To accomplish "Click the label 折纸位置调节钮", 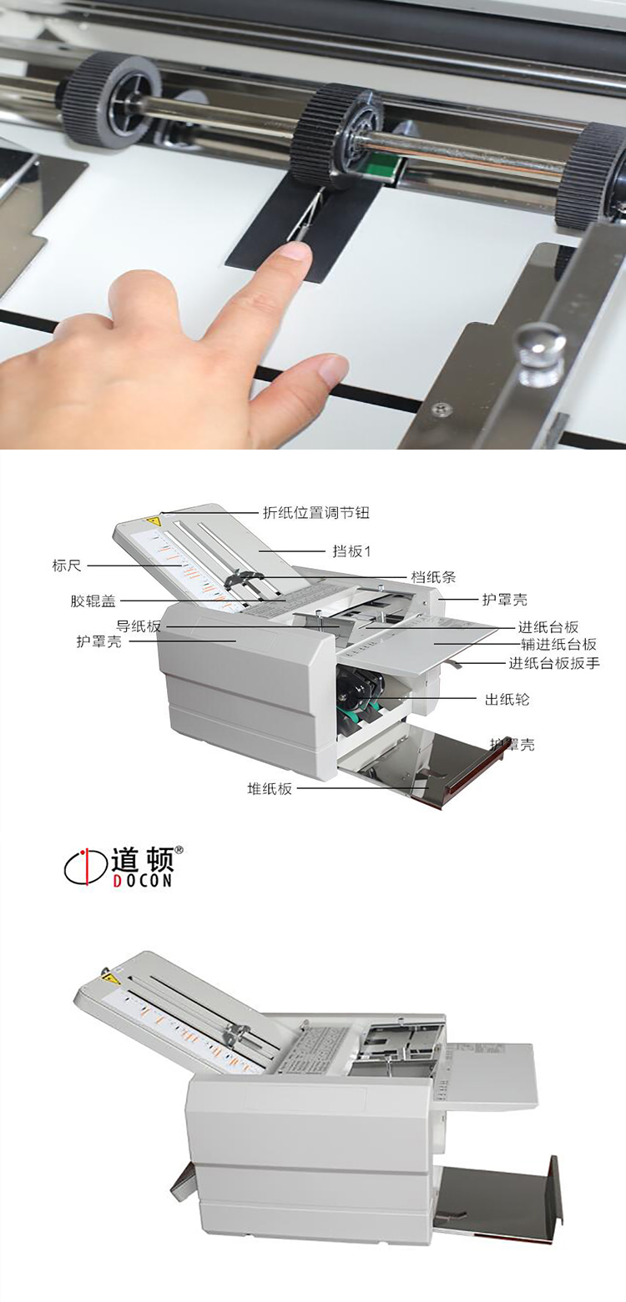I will click(x=316, y=513).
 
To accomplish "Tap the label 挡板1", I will click(x=351, y=551).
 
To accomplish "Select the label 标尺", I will click(x=67, y=566).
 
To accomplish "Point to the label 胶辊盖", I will click(x=93, y=601).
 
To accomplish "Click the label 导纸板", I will click(x=139, y=626).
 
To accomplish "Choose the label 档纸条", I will click(x=433, y=576).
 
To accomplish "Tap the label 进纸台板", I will click(x=548, y=627).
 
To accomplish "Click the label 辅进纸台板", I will click(x=559, y=644).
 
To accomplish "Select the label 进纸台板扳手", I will click(x=554, y=663).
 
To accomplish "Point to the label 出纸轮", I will click(x=507, y=699).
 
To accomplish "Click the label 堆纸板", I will click(x=270, y=788).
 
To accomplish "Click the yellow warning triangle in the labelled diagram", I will click(x=154, y=520).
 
